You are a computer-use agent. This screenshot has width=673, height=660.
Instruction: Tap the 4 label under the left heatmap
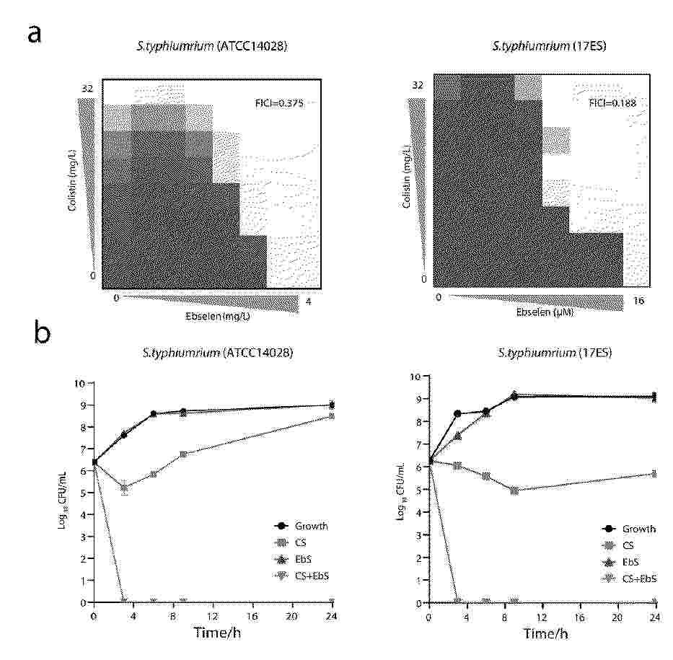[309, 302]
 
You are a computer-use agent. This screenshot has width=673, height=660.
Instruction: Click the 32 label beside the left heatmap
[87, 88]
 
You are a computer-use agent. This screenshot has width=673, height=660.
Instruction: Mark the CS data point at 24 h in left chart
[331, 416]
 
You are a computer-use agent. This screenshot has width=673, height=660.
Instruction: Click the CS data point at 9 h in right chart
[513, 490]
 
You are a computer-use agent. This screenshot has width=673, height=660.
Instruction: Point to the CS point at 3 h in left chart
[125, 488]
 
